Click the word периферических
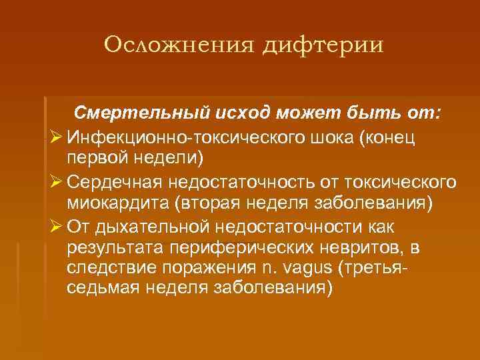tap(236, 249)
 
